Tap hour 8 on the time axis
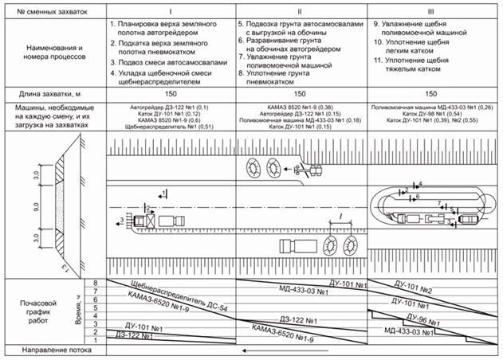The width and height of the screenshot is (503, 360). click(96, 284)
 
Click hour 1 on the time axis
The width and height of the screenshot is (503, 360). click(96, 340)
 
